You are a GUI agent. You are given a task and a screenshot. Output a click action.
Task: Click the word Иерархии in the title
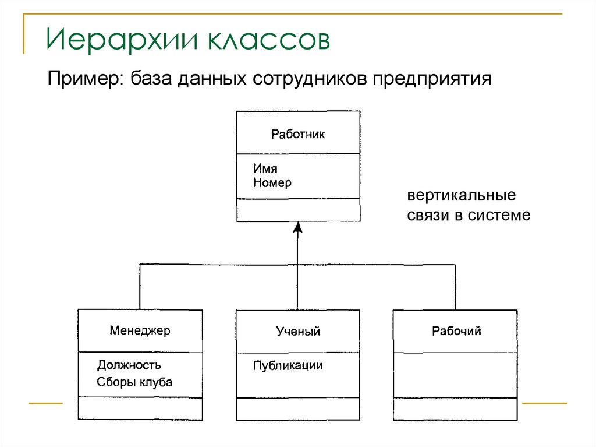coord(119,41)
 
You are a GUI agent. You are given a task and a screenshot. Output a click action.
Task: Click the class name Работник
coord(298,135)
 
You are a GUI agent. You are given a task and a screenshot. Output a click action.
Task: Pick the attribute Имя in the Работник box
coord(265,169)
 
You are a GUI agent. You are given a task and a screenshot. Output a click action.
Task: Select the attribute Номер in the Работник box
coord(272,183)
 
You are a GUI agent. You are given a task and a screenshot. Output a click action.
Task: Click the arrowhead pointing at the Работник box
coord(297,227)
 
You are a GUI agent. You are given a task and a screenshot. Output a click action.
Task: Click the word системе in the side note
coord(502,215)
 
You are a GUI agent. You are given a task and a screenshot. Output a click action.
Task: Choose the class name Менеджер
coord(140,331)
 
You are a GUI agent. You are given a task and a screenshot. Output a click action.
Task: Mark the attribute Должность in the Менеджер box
coord(129,365)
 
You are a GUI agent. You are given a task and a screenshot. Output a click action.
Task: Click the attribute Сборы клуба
coord(135,383)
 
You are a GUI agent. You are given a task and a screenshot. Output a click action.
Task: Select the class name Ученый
coord(298,332)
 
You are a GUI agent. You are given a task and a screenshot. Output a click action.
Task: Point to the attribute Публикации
coord(288,366)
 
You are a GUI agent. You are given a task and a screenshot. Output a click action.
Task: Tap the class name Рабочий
coord(456,332)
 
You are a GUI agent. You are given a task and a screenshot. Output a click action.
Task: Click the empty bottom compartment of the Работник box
coord(298,210)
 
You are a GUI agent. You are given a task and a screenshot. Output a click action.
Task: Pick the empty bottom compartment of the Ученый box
coord(298,409)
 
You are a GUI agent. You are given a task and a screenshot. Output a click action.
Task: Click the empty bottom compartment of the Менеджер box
coord(140,409)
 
